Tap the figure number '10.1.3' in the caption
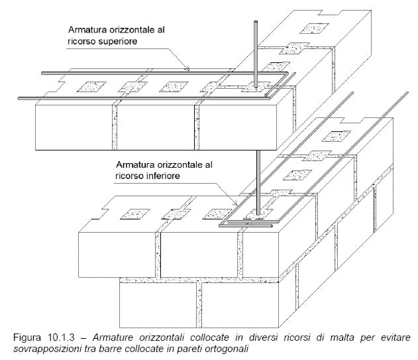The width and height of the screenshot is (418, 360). [62, 337]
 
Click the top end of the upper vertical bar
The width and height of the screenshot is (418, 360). [256, 21]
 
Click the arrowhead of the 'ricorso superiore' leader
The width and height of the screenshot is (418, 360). [187, 69]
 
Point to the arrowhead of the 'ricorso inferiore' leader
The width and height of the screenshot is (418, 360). [235, 204]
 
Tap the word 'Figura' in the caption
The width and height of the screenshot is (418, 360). [27, 337]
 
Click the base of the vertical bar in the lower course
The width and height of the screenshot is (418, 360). [258, 213]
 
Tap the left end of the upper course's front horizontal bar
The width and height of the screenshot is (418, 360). [19, 99]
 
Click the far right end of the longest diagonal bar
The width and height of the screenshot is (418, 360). [407, 93]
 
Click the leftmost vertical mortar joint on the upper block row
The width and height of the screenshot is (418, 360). [115, 126]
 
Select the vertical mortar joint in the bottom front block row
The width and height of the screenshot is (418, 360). [199, 305]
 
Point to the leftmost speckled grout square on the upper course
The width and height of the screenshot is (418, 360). [91, 87]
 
